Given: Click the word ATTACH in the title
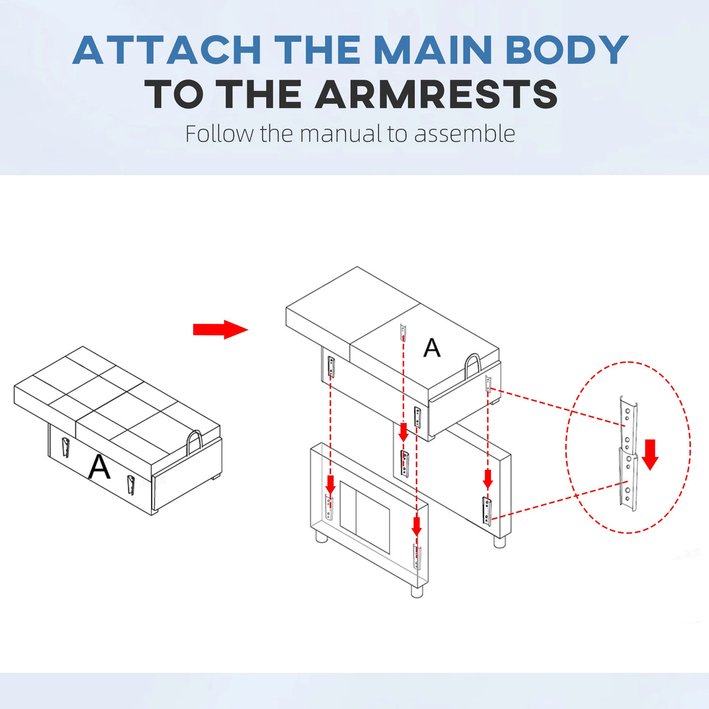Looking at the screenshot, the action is click(167, 50).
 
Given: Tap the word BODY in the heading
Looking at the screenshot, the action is click(566, 50).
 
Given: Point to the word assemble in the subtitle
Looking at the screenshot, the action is click(465, 133).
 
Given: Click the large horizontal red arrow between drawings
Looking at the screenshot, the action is click(221, 329).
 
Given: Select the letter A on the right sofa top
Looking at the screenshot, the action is click(432, 347).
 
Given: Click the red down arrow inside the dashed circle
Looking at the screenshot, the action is click(650, 454).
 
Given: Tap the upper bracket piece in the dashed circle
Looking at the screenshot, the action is click(628, 423).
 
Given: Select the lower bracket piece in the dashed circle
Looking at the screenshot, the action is click(628, 478).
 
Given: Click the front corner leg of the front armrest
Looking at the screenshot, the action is click(416, 591).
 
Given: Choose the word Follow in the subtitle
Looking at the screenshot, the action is click(219, 133).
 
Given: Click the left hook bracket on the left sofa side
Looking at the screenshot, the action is click(65, 447).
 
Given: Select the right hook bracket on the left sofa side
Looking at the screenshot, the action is click(130, 485).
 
